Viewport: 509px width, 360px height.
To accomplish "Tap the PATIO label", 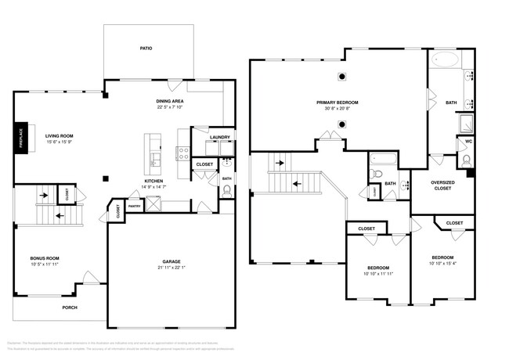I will click(146, 49).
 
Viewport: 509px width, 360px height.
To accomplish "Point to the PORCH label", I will click(70, 307).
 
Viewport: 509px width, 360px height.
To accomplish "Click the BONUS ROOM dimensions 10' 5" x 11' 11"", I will click(45, 265).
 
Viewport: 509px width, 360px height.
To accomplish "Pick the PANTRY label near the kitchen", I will click(135, 207).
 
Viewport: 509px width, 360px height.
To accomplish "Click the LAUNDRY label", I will click(220, 138).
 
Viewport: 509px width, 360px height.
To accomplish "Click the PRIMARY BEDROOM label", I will click(338, 103).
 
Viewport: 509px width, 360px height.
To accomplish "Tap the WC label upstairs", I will click(468, 142).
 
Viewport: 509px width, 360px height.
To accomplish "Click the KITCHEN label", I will click(153, 181).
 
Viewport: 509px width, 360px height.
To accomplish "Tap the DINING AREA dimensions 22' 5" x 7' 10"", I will click(169, 107).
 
